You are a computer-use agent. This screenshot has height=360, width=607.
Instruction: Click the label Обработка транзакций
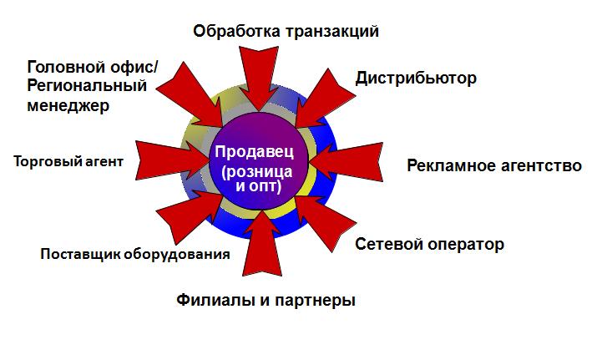286,32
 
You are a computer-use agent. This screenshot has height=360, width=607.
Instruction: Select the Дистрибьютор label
416,79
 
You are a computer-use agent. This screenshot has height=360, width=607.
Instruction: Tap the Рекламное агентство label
494,165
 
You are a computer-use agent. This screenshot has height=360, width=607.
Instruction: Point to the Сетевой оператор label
429,244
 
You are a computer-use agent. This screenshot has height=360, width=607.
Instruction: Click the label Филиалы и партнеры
266,301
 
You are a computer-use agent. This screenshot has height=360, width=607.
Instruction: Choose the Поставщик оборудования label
135,254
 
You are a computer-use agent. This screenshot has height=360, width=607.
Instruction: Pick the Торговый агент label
68,161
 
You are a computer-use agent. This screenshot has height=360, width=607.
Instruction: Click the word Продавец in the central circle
255,152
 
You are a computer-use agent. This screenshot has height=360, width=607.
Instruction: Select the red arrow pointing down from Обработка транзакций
258,78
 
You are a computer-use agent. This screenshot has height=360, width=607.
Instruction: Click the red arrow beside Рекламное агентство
346,162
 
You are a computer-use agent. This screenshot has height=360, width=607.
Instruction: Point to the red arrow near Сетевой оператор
326,222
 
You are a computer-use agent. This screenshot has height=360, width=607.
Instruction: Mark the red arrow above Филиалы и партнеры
262,244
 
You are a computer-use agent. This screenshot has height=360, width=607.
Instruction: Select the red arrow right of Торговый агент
174,160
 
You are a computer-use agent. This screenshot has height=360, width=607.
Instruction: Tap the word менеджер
68,106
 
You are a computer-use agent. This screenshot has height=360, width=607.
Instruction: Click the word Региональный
87,86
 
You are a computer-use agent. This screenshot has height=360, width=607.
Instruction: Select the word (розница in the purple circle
256,171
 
